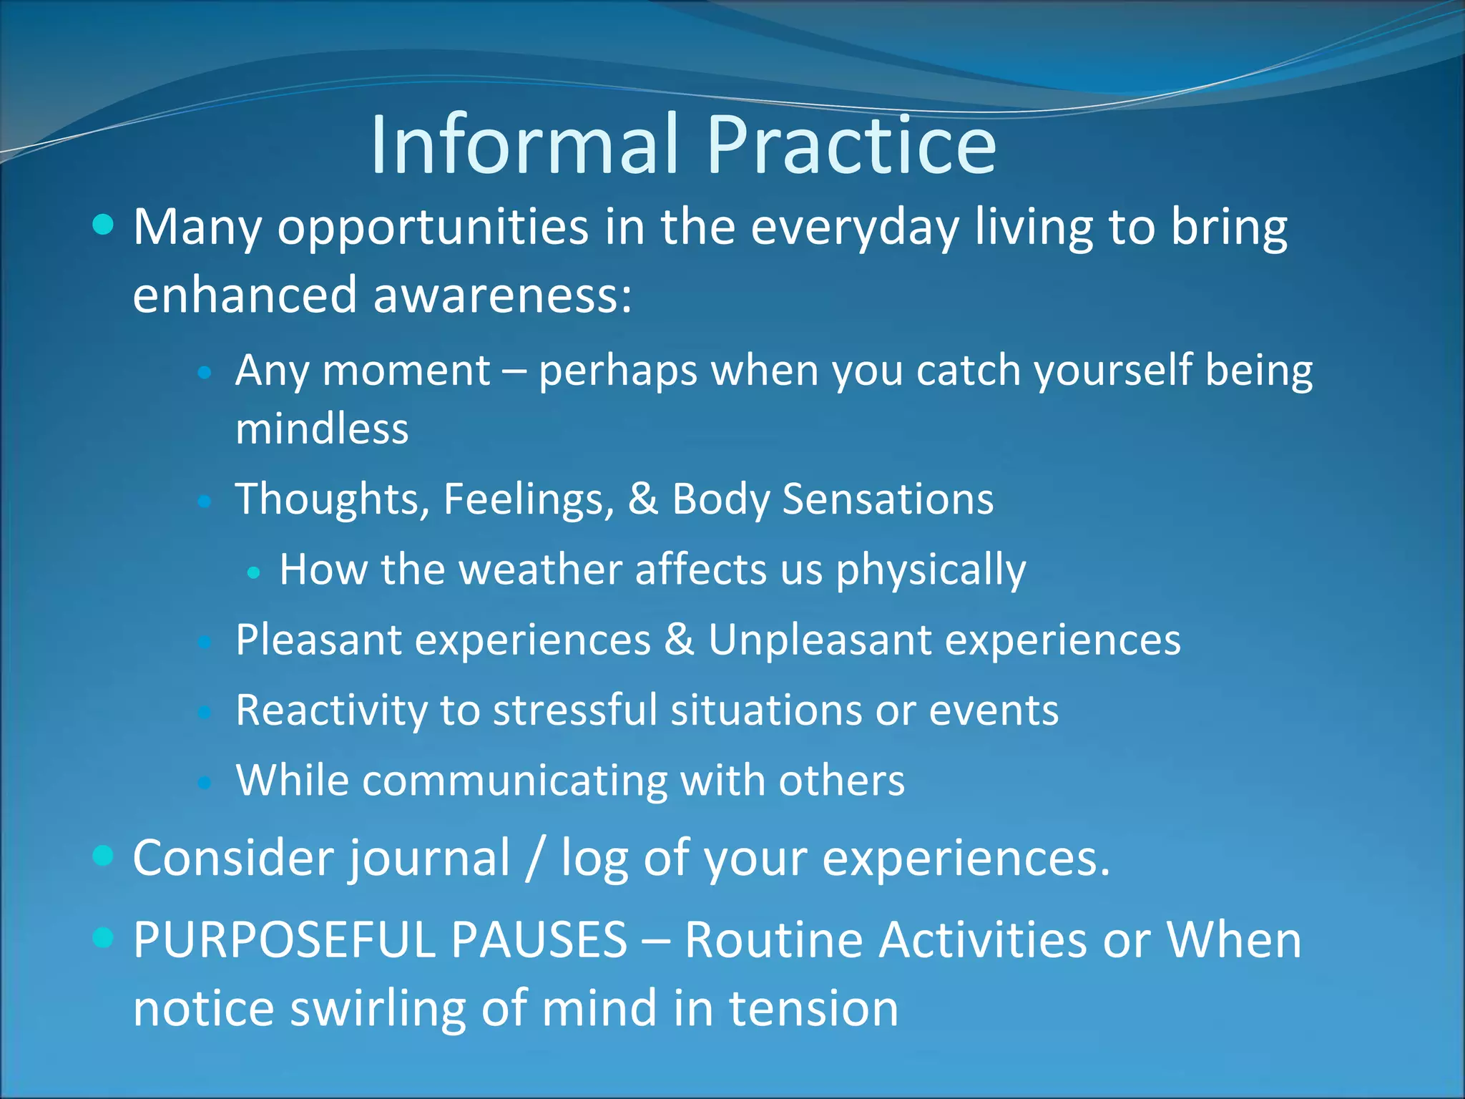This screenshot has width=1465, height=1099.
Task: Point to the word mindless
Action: tap(322, 429)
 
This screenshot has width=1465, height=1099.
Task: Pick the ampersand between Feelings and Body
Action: tap(642, 499)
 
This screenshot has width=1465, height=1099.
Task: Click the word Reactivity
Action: tap(330, 710)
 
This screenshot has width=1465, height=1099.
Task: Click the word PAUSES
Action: tap(539, 939)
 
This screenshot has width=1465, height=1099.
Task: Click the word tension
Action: tap(813, 1009)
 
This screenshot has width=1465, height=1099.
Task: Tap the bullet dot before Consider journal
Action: tap(104, 855)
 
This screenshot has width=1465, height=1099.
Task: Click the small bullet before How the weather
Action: tap(253, 572)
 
